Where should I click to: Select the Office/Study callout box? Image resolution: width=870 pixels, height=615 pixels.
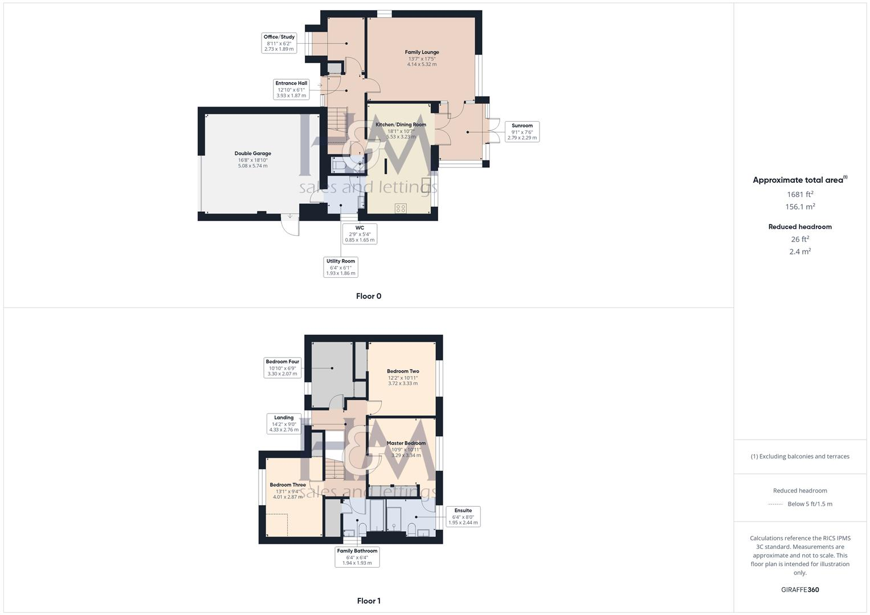pos(279,43)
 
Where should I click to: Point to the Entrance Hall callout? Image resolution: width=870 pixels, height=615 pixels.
pos(291,89)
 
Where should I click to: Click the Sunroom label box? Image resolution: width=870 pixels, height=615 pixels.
pos(522,132)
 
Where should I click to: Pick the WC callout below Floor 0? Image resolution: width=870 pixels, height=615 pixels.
pos(360,234)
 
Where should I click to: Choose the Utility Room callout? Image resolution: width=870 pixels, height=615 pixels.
pos(341,267)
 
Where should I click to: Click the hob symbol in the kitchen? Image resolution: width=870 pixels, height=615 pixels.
pos(401,208)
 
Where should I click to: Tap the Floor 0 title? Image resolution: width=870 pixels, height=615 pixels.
pos(369,296)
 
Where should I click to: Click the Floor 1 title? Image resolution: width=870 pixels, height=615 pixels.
pos(369,601)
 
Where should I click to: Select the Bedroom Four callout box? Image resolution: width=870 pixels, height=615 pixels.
pos(282,368)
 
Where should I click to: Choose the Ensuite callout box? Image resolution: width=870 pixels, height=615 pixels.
pos(463,516)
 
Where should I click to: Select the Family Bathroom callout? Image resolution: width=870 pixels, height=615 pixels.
pos(357,557)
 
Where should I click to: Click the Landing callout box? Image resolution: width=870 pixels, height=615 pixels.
pos(284,424)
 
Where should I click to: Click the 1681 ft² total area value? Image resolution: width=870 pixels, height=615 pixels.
pos(800,194)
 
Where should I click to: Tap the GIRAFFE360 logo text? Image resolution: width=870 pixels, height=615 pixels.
pos(800,590)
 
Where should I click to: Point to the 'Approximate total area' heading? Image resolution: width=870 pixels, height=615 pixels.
pos(799,180)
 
